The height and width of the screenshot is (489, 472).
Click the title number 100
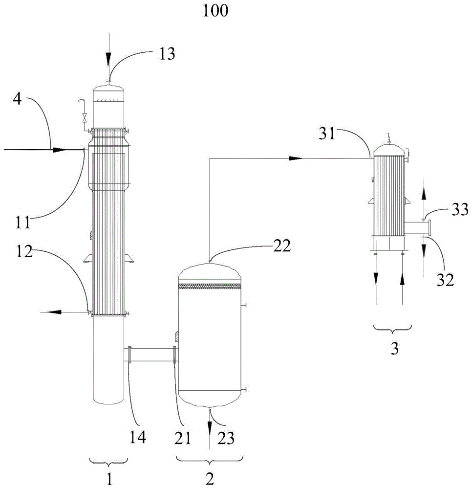coord(215,11)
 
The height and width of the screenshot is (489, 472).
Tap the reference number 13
coord(167,54)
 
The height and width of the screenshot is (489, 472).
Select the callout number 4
coord(17,99)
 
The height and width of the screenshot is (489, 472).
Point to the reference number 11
coord(23,222)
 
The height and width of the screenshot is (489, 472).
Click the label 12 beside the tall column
coord(24,251)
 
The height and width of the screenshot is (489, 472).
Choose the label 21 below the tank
coord(182,438)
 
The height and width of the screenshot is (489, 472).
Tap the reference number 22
coord(282,246)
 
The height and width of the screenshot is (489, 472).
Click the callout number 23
coord(226,438)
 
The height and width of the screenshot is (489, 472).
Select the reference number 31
coord(326,133)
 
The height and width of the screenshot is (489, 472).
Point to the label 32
coord(445,280)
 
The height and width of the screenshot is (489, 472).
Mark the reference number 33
coord(460,209)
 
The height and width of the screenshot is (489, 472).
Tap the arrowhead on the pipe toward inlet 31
coord(295,158)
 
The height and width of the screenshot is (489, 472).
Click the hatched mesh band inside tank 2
coord(210,286)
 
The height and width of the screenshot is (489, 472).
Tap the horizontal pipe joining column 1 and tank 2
coord(152,355)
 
